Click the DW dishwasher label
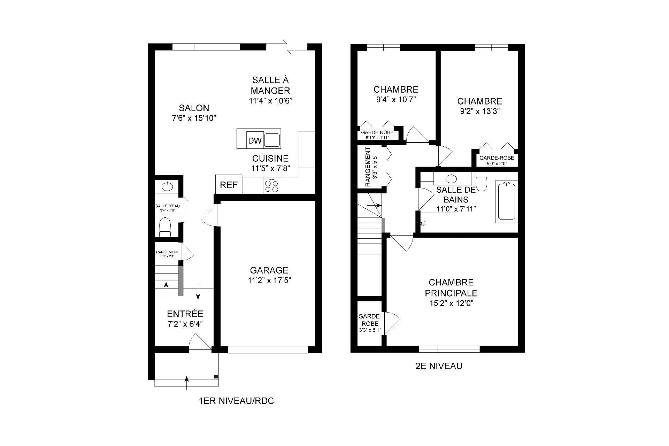pyautogui.click(x=255, y=141)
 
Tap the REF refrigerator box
pyautogui.click(x=229, y=185)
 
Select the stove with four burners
pyautogui.click(x=272, y=185)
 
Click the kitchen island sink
pyautogui.click(x=272, y=140)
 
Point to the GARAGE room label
pyautogui.click(x=269, y=270)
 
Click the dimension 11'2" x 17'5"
pyautogui.click(x=269, y=280)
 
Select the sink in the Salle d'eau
pyautogui.click(x=168, y=186)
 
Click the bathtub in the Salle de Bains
pyautogui.click(x=506, y=201)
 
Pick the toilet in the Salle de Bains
pyautogui.click(x=482, y=181)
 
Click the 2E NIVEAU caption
pyautogui.click(x=439, y=366)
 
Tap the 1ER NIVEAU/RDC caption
pyautogui.click(x=236, y=401)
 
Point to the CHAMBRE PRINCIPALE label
pyautogui.click(x=451, y=287)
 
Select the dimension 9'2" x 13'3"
pyautogui.click(x=480, y=111)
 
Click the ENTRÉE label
pyautogui.click(x=185, y=314)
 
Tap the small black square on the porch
pyautogui.click(x=216, y=377)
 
